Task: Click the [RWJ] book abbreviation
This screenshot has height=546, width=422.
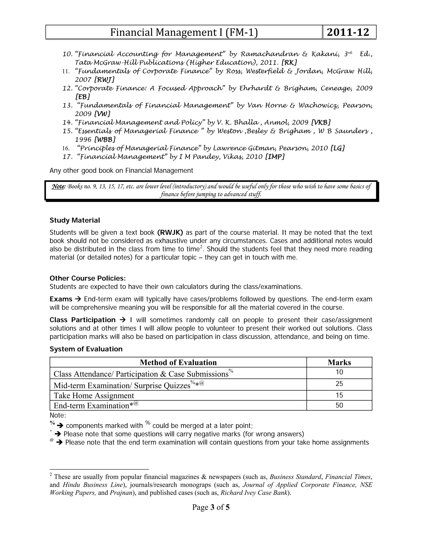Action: (x=104, y=80)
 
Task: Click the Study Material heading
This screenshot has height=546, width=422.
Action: (x=75, y=220)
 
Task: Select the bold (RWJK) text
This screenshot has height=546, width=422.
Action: (x=170, y=232)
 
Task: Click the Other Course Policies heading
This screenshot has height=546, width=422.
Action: (x=88, y=278)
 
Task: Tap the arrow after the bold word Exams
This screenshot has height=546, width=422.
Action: (x=78, y=299)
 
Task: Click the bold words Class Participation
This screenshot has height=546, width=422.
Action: (x=82, y=320)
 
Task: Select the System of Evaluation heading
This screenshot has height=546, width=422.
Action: (x=86, y=349)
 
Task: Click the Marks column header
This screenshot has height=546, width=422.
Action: (x=339, y=362)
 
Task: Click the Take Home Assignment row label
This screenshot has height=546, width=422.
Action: (x=94, y=396)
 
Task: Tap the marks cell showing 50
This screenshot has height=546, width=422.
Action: (x=339, y=405)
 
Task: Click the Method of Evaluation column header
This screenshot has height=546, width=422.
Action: (x=178, y=362)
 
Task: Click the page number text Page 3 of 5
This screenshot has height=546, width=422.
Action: (x=211, y=507)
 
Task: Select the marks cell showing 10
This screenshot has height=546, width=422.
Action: (x=339, y=372)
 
